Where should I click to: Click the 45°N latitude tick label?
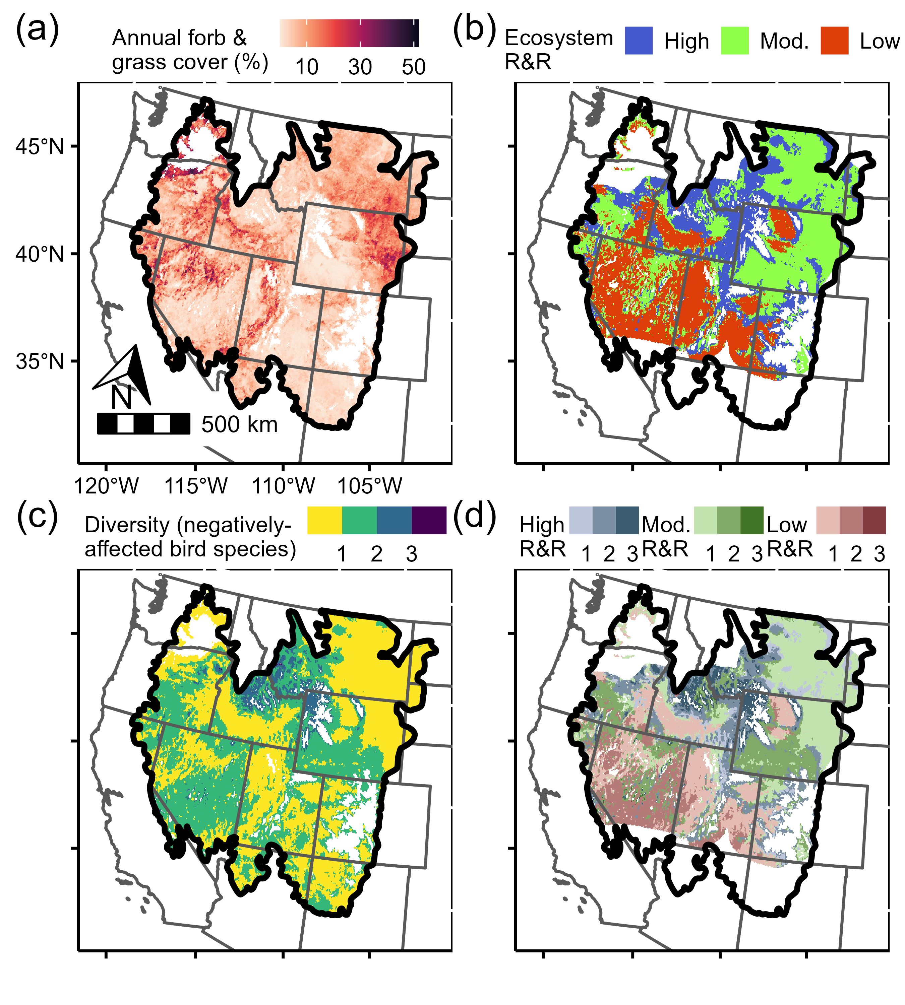click(40, 147)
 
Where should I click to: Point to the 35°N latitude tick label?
click(40, 361)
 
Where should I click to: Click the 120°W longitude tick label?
click(106, 486)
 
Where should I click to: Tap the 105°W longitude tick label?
click(369, 486)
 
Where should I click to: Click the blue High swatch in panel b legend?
click(639, 41)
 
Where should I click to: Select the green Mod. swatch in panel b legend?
click(734, 41)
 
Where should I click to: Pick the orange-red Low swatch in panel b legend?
click(834, 41)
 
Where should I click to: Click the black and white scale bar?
click(143, 423)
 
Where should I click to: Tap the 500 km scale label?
click(239, 424)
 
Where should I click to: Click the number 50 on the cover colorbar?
click(413, 67)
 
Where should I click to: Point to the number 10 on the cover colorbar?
click(306, 67)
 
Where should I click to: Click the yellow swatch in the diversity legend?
click(325, 520)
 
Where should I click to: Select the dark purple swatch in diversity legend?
click(429, 520)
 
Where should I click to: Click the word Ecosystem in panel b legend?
click(558, 38)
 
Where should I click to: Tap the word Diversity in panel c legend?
click(127, 525)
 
